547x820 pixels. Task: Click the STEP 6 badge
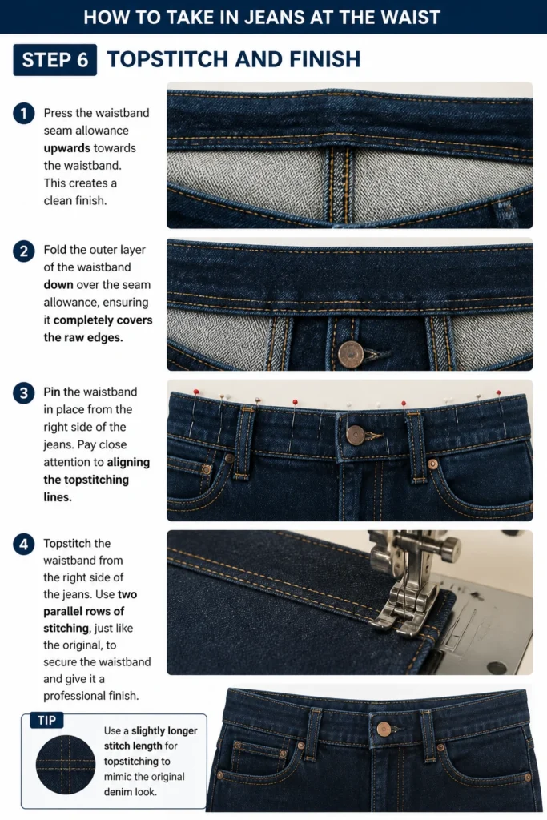click(55, 59)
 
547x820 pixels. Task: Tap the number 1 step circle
click(23, 114)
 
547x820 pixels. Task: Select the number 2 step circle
click(23, 251)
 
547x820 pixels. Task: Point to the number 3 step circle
click(23, 392)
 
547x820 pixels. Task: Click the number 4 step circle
click(23, 544)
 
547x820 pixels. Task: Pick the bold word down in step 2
click(58, 285)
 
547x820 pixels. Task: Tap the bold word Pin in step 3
click(52, 392)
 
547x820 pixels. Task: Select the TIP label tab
click(46, 720)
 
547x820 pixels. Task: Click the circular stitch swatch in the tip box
click(66, 765)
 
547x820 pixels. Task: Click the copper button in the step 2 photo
click(350, 355)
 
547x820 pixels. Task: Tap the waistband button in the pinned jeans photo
click(356, 435)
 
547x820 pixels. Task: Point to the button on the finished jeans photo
click(384, 729)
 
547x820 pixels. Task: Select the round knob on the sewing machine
click(449, 549)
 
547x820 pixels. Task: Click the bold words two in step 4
click(127, 595)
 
